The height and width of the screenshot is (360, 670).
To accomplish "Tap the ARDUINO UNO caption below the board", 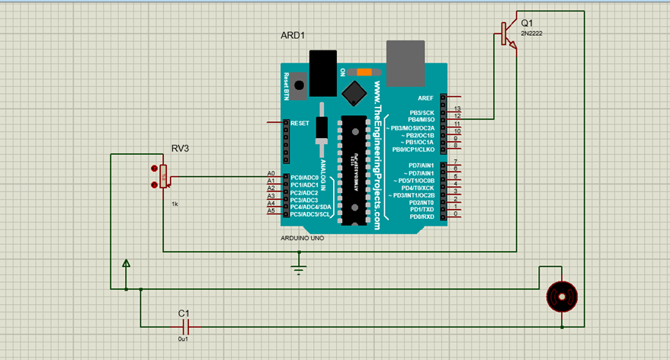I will coord(303,238).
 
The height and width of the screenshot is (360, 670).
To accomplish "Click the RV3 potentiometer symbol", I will coord(162,177).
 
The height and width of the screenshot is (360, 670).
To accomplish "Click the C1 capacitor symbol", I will coord(183,326).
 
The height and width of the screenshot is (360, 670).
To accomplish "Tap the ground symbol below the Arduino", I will coord(299,268).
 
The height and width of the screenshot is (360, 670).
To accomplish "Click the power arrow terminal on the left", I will coord(127,264).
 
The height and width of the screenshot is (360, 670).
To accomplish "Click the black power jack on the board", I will coord(323,72).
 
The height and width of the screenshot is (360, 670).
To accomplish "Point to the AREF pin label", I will coord(425,98).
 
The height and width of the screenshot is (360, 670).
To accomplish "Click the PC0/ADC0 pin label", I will coord(305,178).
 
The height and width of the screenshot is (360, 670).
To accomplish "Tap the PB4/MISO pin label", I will coord(421,120).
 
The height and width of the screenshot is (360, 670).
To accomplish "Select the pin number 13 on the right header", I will coord(457,109).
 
